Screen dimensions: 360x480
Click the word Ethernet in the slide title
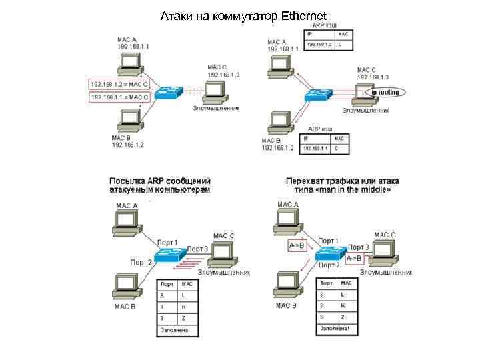click(x=304, y=15)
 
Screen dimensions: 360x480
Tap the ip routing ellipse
click(x=384, y=92)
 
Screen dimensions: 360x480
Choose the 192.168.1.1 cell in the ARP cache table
click(x=315, y=148)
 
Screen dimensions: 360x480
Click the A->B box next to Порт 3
click(x=355, y=258)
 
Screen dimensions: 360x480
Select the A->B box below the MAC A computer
click(x=296, y=245)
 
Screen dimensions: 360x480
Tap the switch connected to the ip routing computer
click(x=318, y=95)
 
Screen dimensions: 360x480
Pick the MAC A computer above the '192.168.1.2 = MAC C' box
click(x=129, y=64)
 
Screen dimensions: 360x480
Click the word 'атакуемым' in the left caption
click(x=133, y=190)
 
